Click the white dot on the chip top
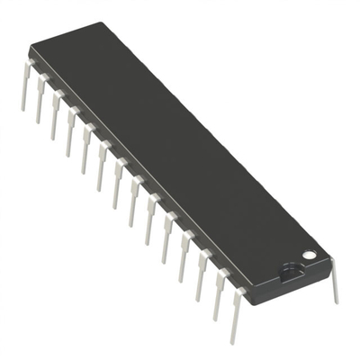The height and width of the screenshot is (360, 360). (309, 256)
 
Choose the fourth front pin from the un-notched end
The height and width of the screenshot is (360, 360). (70, 133)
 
